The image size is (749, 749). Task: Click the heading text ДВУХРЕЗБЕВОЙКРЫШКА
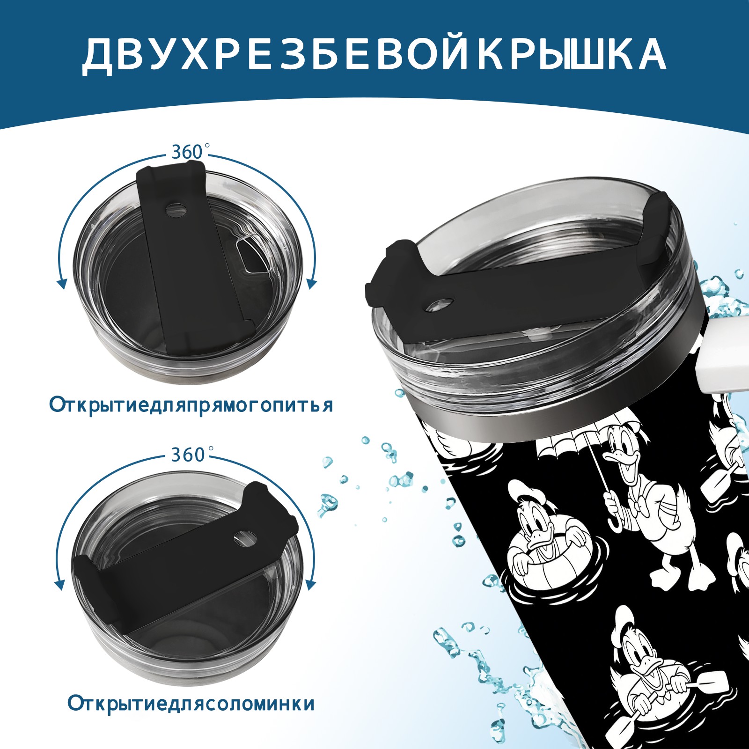coord(374,55)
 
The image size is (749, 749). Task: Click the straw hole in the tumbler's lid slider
coord(441,305)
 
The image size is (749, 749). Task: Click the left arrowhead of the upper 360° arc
coord(61,284)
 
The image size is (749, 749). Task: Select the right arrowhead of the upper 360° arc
coord(312,284)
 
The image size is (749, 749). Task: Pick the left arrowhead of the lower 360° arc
coord(59,585)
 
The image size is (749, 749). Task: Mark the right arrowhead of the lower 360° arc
coord(310,585)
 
